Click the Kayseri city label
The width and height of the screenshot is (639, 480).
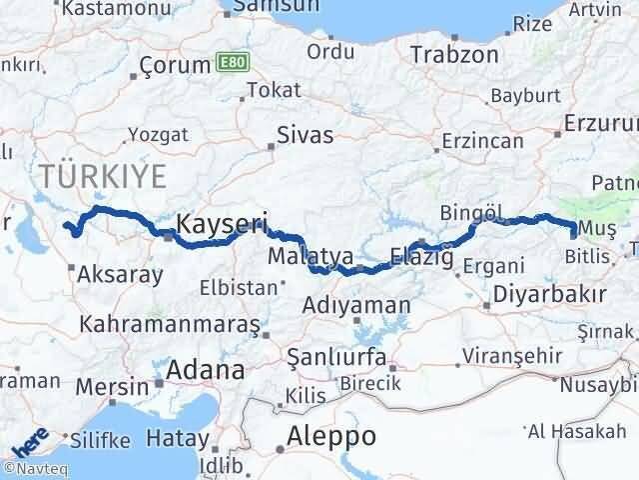(x=221, y=223)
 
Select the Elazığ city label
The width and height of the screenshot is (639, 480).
(x=422, y=256)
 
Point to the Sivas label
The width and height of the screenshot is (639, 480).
(x=305, y=135)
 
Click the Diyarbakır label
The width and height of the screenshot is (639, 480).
(x=551, y=295)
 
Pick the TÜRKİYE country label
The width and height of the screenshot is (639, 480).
(x=103, y=177)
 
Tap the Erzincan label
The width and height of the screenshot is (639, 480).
(x=481, y=141)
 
